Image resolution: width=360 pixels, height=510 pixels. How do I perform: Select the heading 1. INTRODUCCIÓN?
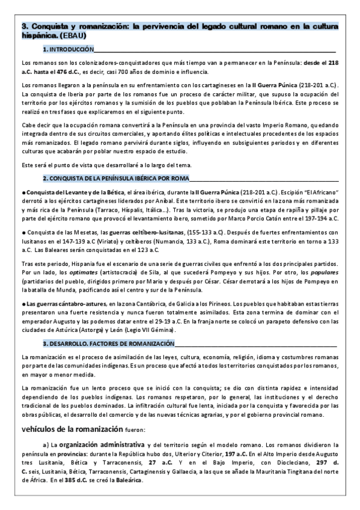coord(69,49)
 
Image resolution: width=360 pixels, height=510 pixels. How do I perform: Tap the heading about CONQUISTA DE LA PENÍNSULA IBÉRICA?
coord(115,178)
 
